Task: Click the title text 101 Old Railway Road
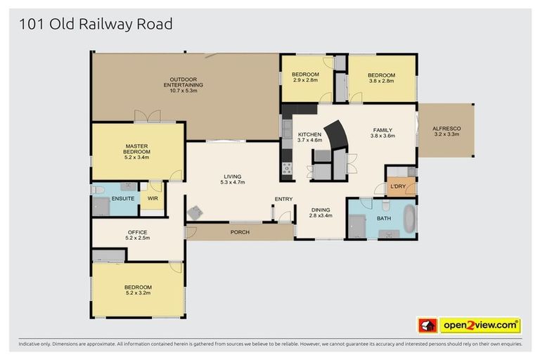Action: (96, 25)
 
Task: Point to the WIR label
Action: (152, 199)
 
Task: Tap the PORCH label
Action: (240, 232)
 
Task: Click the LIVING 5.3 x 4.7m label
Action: (232, 179)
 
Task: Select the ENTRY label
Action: (283, 199)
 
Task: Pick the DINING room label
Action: (320, 212)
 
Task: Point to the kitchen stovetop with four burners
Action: (287, 168)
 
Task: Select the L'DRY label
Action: (397, 186)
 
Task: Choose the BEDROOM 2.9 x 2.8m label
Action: (305, 77)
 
